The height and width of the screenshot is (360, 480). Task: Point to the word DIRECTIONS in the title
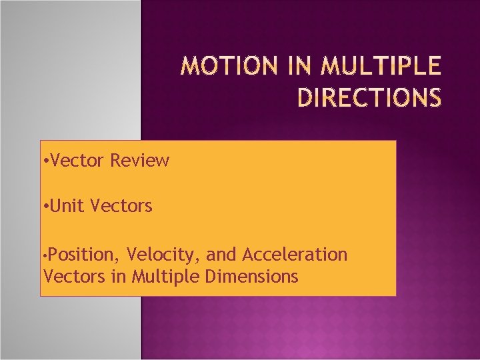369,97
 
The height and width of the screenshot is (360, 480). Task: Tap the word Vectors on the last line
74,276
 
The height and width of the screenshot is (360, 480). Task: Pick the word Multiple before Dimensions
165,277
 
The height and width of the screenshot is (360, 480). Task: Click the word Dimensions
251,276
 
